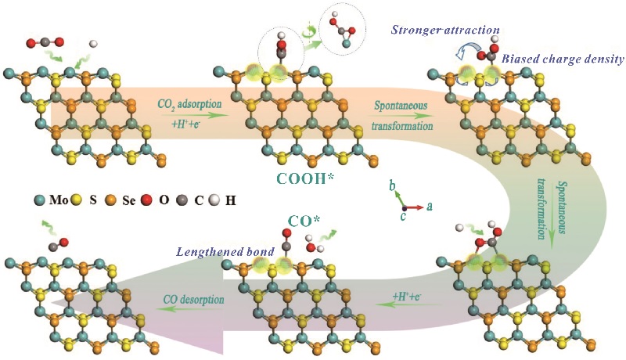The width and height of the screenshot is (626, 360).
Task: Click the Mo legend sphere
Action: (x=40, y=200)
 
